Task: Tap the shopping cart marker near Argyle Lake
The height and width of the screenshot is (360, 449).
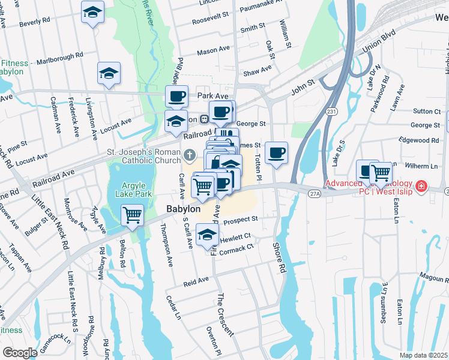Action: pos(132,214)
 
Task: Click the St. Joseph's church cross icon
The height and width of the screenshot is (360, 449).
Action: pos(189,156)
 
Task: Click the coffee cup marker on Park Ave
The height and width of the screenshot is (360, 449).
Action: pos(176,96)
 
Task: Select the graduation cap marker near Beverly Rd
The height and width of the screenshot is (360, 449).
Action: pos(92,12)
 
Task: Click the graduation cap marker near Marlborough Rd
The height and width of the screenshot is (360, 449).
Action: pos(109,73)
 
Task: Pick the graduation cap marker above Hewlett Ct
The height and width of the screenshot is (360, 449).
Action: pos(207,235)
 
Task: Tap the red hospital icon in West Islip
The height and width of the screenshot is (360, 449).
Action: pos(421,187)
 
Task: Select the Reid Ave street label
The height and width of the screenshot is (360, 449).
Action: pos(196,281)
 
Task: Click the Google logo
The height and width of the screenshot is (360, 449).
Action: pos(19,352)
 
